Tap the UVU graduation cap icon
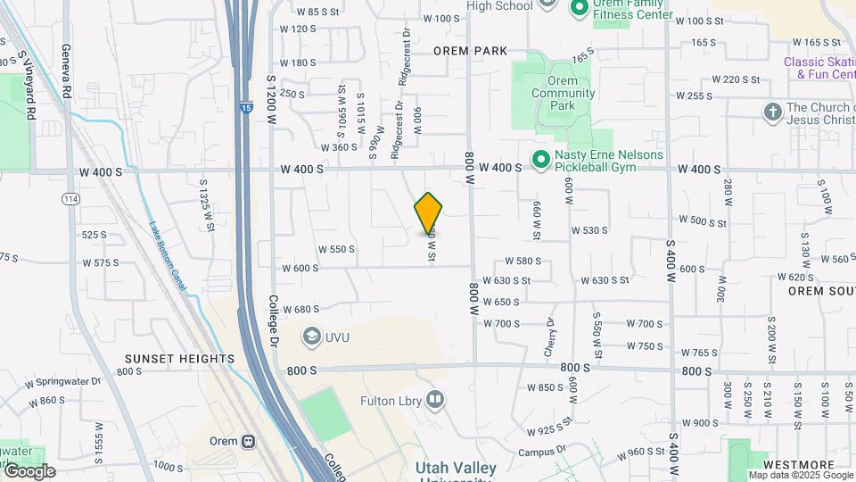pyautogui.click(x=311, y=336)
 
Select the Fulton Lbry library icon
pyautogui.click(x=435, y=399)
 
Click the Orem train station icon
pyautogui.click(x=249, y=441)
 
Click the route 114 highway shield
pyautogui.click(x=70, y=198)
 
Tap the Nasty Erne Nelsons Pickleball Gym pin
pyautogui.click(x=540, y=161)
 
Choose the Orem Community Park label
pyautogui.click(x=563, y=93)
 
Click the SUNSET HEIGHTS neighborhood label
pyautogui.click(x=179, y=359)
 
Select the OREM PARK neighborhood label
pyautogui.click(x=470, y=51)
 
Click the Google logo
pyautogui.click(x=29, y=471)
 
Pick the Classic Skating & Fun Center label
pyautogui.click(x=819, y=68)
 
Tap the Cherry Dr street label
pyautogui.click(x=550, y=334)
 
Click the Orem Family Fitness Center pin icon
pyautogui.click(x=577, y=8)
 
